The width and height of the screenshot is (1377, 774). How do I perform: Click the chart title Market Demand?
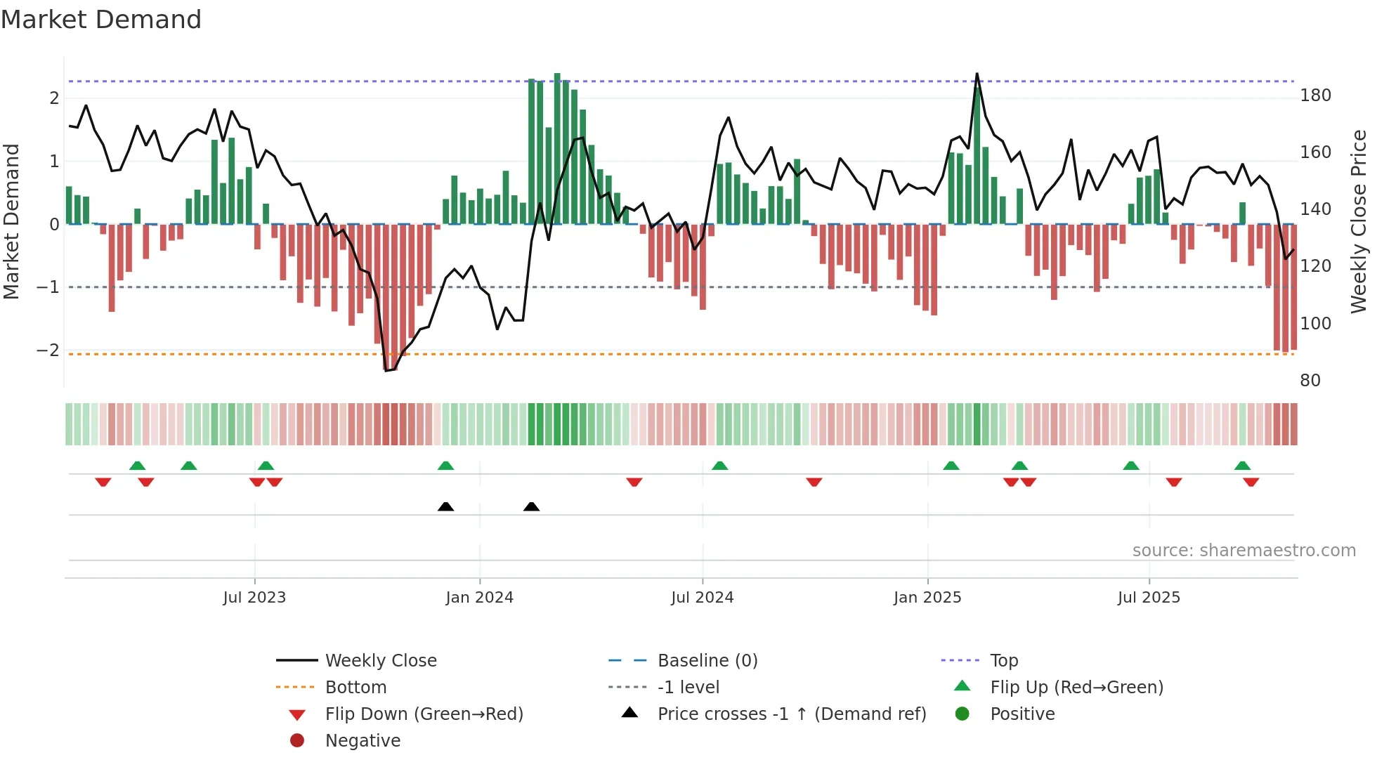[x=101, y=20]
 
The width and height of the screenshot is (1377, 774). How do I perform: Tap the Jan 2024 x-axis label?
[x=479, y=598]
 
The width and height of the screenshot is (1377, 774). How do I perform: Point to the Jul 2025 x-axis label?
[x=1149, y=598]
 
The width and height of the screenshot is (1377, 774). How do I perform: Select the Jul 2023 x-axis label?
[x=254, y=598]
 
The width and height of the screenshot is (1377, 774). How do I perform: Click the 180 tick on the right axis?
[x=1315, y=96]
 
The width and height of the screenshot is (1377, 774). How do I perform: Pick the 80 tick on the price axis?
[x=1310, y=381]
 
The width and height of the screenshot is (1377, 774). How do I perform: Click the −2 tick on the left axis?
[x=48, y=350]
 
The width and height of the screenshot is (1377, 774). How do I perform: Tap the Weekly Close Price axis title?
[x=1359, y=221]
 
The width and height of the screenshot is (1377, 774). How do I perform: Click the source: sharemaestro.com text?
[x=1244, y=551]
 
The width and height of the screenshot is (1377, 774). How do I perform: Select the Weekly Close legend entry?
[x=380, y=661]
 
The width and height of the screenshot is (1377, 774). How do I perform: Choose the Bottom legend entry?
[x=355, y=688]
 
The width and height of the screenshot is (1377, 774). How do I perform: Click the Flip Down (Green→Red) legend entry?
[x=424, y=714]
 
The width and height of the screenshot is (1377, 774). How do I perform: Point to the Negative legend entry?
[x=363, y=741]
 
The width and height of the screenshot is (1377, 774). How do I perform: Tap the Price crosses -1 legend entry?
[x=791, y=714]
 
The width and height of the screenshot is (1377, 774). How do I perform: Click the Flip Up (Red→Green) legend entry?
[x=1076, y=688]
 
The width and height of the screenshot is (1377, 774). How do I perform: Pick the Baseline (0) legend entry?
[x=707, y=661]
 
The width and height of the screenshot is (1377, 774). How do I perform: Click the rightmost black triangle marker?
[x=531, y=506]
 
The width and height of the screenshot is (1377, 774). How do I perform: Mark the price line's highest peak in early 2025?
[x=977, y=74]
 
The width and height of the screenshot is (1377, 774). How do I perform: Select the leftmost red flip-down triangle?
[x=103, y=483]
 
